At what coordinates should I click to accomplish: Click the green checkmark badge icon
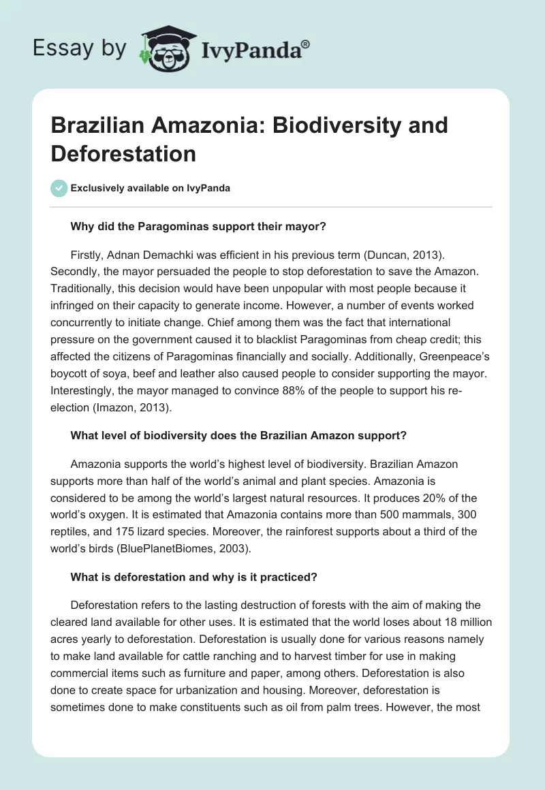point(59,188)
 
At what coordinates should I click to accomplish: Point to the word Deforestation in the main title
point(123,153)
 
